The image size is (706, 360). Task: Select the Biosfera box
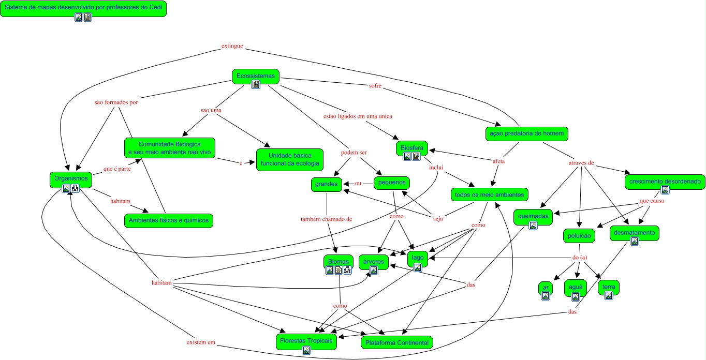[x=412, y=148]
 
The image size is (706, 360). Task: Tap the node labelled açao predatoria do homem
[x=526, y=133]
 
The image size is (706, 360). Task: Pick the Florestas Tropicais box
[x=306, y=341]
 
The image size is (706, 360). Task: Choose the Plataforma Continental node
[x=397, y=342]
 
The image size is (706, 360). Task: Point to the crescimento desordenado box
[x=665, y=182]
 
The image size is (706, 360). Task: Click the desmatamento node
[x=634, y=233]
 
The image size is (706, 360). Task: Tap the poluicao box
[x=579, y=236]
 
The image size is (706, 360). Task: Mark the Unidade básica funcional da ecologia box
[x=289, y=159]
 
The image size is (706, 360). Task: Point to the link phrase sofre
[x=375, y=86]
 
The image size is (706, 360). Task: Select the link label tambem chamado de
[x=326, y=219]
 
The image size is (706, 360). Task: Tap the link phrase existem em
[x=201, y=343]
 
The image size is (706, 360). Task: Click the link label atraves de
[x=581, y=164]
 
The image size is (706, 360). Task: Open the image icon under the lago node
[x=418, y=267]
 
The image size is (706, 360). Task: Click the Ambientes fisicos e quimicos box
[x=169, y=220]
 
